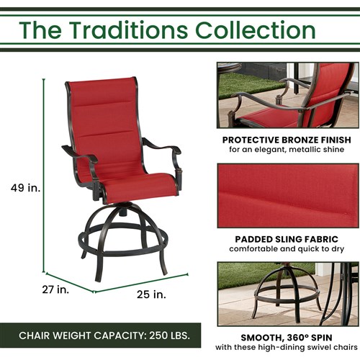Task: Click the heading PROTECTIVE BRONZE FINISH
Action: click(287, 140)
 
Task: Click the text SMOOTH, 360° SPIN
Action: click(287, 336)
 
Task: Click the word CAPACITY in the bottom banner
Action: click(107, 336)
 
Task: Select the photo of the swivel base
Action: click(287, 293)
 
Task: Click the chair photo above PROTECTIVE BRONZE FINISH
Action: click(287, 94)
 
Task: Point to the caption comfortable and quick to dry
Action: click(287, 249)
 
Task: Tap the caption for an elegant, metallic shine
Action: click(287, 150)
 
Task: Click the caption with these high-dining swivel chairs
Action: click(287, 348)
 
